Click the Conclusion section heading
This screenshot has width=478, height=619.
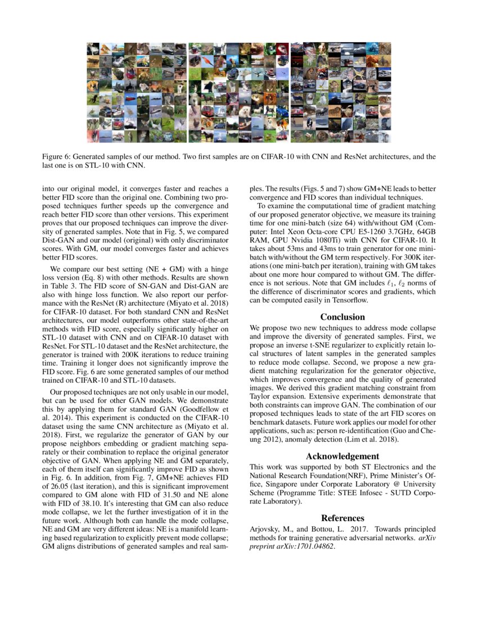342,317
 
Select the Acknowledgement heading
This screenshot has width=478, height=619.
342,456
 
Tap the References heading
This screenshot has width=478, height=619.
342,518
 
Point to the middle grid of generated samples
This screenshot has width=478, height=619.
238,92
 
